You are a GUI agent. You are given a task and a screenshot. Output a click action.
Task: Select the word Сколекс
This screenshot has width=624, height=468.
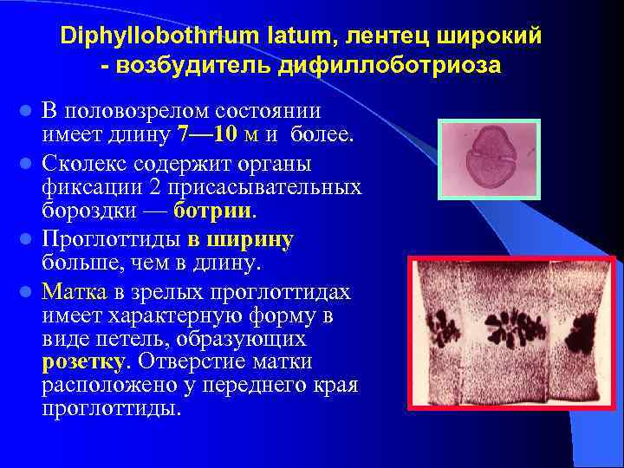tap(86, 162)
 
